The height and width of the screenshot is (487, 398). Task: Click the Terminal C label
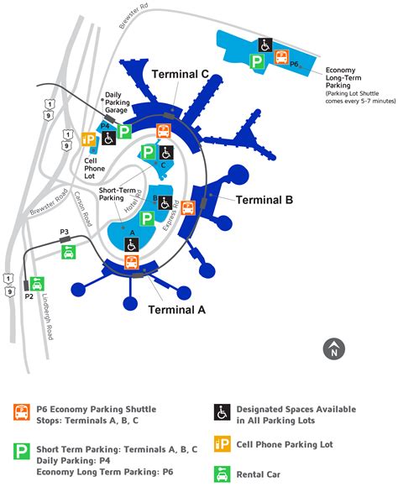pos(180,74)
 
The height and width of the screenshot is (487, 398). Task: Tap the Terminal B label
pos(264,200)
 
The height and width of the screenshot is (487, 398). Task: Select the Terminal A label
pos(176,308)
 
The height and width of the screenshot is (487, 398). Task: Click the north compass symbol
pos(334,348)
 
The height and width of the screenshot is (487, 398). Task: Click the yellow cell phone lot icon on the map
pos(87,139)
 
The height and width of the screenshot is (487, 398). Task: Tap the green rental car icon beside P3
pos(67,251)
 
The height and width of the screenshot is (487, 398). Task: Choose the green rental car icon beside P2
pos(38,285)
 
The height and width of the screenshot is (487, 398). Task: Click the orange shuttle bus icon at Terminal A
pos(132,262)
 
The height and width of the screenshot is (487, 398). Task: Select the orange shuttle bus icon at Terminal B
pos(189,207)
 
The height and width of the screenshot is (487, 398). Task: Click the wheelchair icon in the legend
pos(223,411)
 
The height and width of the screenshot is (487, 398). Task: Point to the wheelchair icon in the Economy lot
pos(264,46)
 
